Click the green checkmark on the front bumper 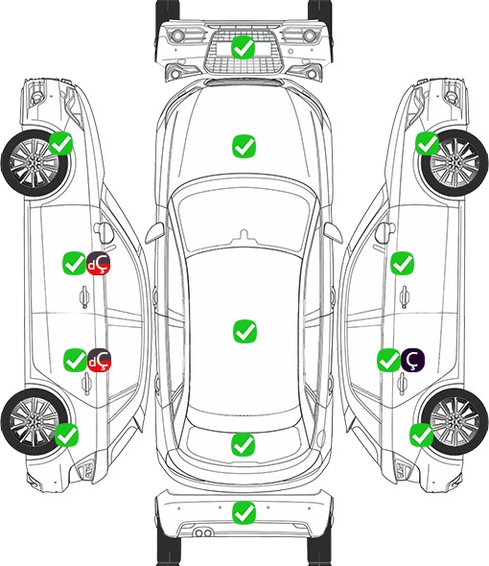tap(244, 47)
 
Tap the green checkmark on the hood tap(244, 146)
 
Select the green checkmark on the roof tap(244, 331)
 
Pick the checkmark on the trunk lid tap(243, 445)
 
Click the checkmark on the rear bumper tap(244, 512)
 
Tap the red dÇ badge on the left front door tap(99, 264)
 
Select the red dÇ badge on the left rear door tap(100, 361)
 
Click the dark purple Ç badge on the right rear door tap(413, 360)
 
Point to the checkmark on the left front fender tap(60, 144)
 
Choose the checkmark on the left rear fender tap(66, 435)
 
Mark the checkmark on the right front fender tap(428, 143)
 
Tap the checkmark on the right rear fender tap(421, 435)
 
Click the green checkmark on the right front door tap(402, 263)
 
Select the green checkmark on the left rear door tap(75, 360)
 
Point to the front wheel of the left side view tap(35, 164)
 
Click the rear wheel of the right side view tap(454, 421)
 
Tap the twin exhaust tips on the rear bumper tap(203, 532)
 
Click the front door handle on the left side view tap(84, 296)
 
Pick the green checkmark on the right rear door tap(388, 360)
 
